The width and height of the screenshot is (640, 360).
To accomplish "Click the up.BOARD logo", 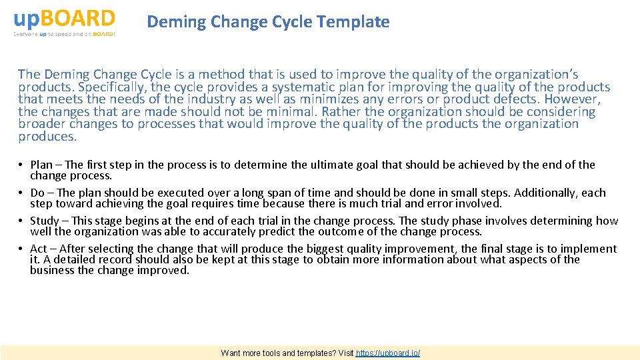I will (64, 18).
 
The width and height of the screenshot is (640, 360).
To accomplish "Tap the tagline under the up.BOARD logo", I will (64, 33).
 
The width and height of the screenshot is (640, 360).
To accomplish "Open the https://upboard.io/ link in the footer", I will (388, 353).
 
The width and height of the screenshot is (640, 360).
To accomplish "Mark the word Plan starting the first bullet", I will (41, 165).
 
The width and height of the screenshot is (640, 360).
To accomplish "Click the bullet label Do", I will (37, 193).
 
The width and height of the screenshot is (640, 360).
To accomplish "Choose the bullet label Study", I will (45, 221).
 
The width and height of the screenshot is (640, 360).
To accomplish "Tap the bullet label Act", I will (39, 249).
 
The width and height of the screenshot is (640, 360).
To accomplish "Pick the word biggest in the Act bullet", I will (327, 249).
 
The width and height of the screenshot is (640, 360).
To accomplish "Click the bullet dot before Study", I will (22, 221).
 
